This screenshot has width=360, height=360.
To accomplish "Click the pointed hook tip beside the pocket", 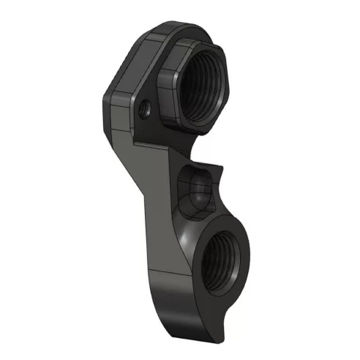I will pyautogui.click(x=220, y=168).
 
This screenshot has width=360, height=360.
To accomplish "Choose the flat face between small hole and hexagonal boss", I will pyautogui.click(x=158, y=102).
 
